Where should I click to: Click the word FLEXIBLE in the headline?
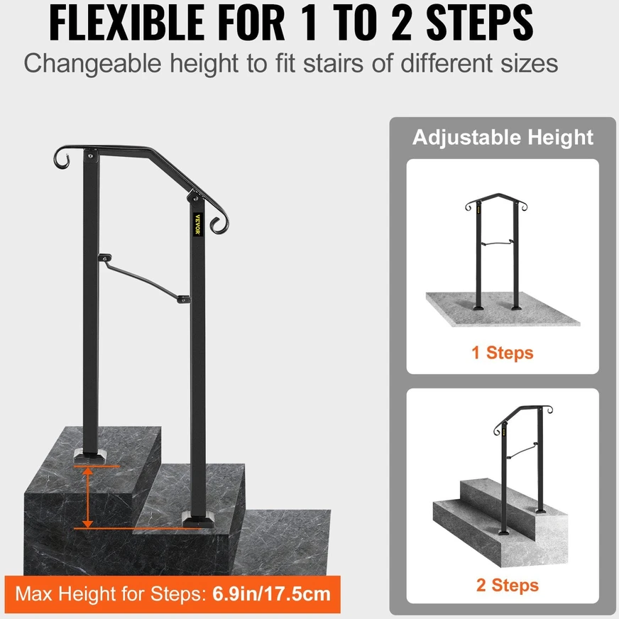127,23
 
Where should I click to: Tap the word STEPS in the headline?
480,23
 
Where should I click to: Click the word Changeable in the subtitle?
92,64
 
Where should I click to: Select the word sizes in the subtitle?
530,63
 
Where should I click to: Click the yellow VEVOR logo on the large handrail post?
198,224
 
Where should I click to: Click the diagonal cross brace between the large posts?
144,278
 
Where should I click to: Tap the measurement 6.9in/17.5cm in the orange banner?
271,594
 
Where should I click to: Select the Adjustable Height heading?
503,138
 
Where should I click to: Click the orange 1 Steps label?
503,353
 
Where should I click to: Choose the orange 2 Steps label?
508,585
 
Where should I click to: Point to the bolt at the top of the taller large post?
91,156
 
